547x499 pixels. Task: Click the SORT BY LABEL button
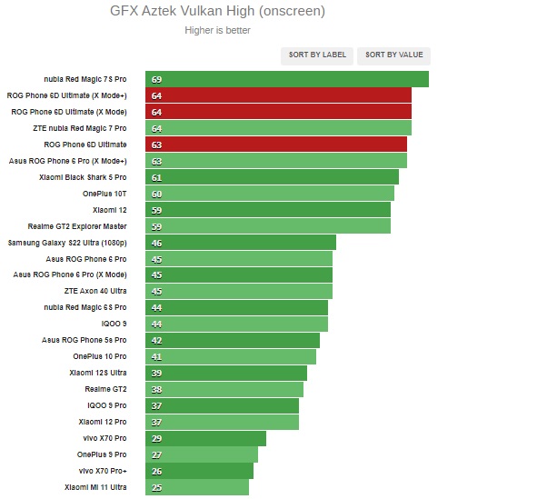(x=317, y=55)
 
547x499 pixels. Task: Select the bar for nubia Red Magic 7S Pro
(x=286, y=79)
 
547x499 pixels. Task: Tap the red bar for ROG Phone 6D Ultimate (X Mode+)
(x=278, y=95)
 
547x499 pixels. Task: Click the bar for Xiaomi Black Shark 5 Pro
(x=272, y=177)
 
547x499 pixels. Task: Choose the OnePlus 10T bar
(x=269, y=194)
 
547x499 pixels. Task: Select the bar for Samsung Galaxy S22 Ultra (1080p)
(x=240, y=243)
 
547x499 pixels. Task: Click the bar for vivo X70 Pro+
(x=199, y=471)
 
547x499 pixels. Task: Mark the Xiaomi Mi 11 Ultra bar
(x=196, y=487)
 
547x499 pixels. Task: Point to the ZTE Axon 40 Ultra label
(x=95, y=291)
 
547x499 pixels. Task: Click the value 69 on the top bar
(x=156, y=80)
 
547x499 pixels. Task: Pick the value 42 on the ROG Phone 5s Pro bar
(x=156, y=341)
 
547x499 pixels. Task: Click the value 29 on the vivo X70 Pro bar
(x=156, y=439)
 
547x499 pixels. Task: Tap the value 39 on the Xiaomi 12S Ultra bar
(x=156, y=374)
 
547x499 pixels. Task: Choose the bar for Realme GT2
(x=224, y=389)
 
